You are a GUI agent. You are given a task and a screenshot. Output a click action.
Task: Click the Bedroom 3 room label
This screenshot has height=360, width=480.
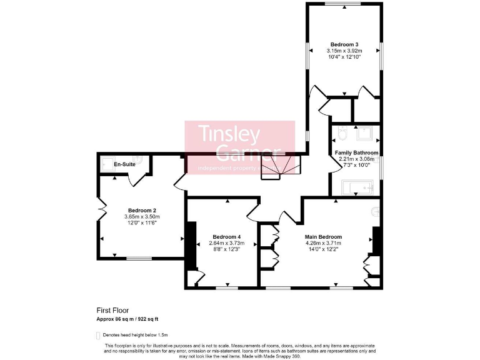(x=344, y=44)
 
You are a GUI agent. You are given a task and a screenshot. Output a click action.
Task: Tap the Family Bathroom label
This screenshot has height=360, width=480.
(x=356, y=152)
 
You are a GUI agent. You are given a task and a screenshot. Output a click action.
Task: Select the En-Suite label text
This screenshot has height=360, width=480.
(x=124, y=164)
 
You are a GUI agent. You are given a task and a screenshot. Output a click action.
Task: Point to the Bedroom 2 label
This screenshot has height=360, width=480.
(x=142, y=211)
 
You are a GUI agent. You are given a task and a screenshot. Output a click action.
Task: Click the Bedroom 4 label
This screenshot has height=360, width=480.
(x=226, y=236)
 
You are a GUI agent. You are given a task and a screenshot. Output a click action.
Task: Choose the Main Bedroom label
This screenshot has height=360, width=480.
(x=323, y=237)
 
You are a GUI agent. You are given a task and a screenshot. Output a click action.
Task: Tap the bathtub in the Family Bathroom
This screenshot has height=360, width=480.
(x=357, y=187)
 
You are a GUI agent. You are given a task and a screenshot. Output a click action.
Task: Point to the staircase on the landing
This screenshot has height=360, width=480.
(x=279, y=167)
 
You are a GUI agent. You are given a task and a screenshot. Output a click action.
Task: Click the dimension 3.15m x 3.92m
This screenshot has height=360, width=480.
(x=344, y=51)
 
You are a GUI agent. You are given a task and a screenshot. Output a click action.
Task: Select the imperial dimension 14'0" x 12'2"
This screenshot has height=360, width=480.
(x=323, y=249)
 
